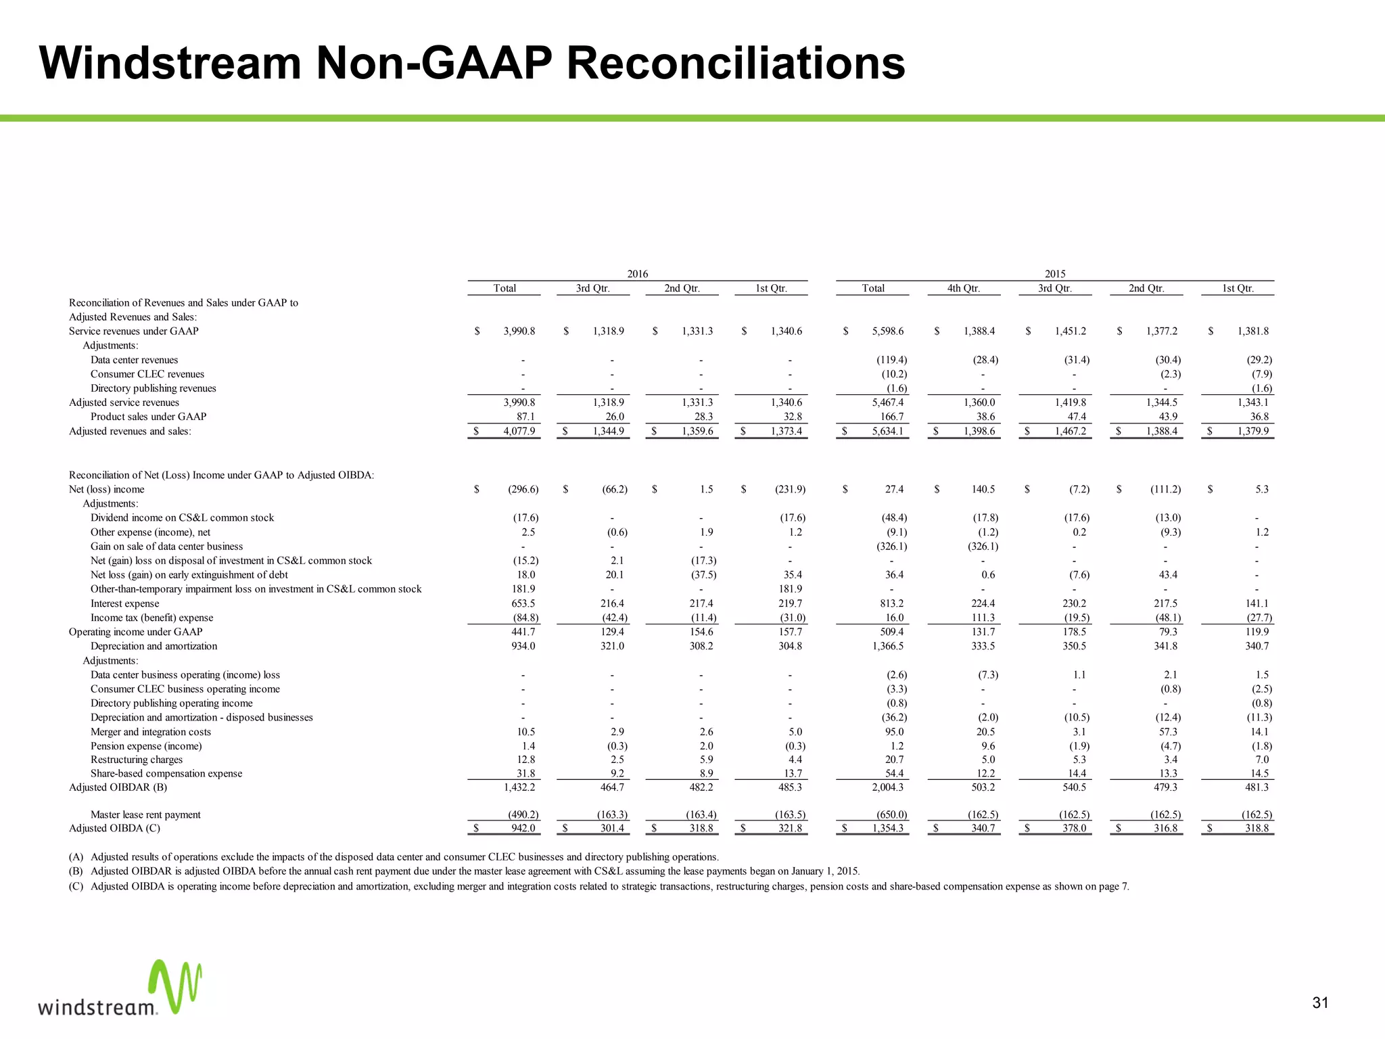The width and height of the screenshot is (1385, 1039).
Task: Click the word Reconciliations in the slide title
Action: point(735,64)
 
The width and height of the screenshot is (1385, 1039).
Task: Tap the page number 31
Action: point(1320,1002)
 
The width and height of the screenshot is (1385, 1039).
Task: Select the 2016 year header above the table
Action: point(637,274)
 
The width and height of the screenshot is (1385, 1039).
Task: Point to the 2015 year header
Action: point(1054,274)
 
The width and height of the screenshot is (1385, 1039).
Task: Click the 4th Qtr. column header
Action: point(963,288)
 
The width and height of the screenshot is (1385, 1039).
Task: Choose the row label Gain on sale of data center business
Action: point(166,547)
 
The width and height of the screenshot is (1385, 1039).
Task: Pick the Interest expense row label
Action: point(125,603)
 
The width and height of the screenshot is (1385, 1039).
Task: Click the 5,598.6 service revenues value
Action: point(887,331)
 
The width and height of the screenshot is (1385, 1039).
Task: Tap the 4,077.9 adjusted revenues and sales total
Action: point(519,432)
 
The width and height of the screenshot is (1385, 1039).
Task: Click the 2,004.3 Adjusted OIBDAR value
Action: point(888,787)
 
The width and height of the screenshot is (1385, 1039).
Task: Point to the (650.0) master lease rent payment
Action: point(890,815)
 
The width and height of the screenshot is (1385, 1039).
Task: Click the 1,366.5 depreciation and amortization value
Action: point(887,646)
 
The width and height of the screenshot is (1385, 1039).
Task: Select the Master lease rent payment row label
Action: point(145,815)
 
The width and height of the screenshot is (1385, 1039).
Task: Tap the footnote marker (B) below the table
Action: point(76,871)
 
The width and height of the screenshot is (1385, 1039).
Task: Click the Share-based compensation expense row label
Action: point(166,774)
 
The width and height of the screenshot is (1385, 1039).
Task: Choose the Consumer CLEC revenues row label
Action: point(147,374)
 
